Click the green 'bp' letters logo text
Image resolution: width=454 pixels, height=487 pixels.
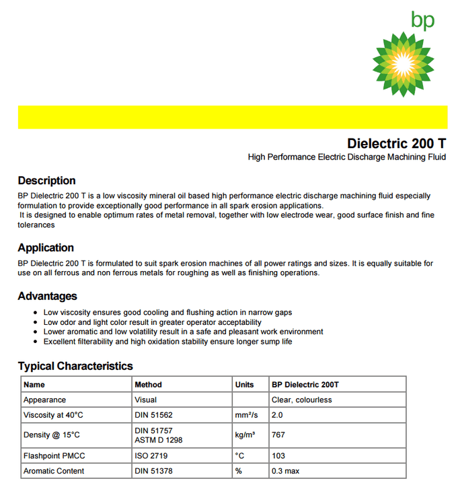[x=423, y=21]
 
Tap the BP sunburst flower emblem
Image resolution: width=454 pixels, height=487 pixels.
[x=404, y=65]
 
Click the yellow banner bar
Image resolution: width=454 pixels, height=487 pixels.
[x=232, y=116]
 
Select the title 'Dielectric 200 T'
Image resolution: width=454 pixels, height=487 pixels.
[x=396, y=143]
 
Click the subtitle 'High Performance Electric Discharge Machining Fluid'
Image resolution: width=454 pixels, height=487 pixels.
[x=346, y=157]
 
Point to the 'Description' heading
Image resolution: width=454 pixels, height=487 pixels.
[x=46, y=180]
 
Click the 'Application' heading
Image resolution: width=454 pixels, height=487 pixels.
[x=46, y=248]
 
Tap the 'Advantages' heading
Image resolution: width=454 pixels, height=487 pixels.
[x=47, y=296]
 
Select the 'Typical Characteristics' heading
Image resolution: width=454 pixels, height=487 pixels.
[x=75, y=366]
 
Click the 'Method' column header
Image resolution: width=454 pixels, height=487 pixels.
[x=148, y=385]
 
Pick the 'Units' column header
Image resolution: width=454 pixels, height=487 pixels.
[x=244, y=385]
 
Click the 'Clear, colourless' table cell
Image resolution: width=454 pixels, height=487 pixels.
[x=301, y=400]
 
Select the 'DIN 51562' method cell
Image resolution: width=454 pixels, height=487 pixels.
[x=153, y=415]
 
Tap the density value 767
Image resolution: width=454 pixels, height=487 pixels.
[x=278, y=435]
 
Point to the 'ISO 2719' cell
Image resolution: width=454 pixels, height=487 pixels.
[x=150, y=456]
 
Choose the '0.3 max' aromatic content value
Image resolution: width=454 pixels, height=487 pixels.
[x=286, y=471]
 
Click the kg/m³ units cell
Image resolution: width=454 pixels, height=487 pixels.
[x=245, y=435]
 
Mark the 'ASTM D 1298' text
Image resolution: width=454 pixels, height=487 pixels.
[x=158, y=440]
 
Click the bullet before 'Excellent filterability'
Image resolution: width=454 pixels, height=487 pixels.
[x=35, y=342]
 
